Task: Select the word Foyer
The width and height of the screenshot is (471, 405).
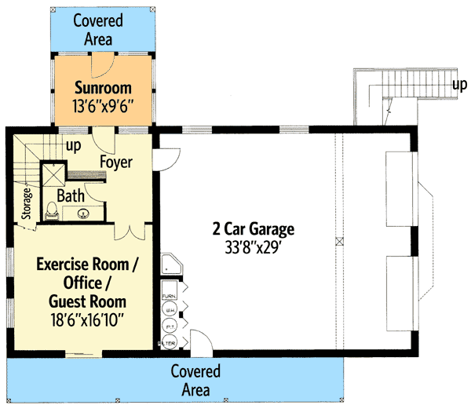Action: click(x=116, y=163)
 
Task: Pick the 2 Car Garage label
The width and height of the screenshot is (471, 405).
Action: click(x=253, y=229)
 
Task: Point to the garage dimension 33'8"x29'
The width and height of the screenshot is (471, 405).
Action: click(x=253, y=246)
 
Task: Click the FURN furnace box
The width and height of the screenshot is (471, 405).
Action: click(x=168, y=296)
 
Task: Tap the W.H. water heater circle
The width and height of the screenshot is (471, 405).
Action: click(x=169, y=311)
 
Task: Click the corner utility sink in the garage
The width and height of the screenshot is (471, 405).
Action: click(x=170, y=267)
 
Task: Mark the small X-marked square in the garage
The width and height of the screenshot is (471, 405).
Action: click(x=339, y=241)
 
